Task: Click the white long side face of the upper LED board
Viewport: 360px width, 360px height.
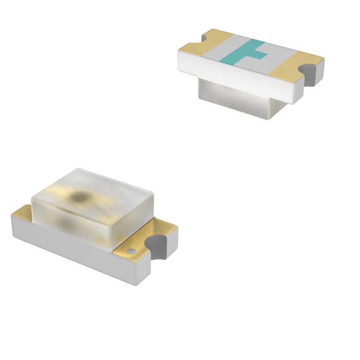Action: pyautogui.click(x=237, y=77)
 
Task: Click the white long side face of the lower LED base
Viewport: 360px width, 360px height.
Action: pyautogui.click(x=75, y=249)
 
